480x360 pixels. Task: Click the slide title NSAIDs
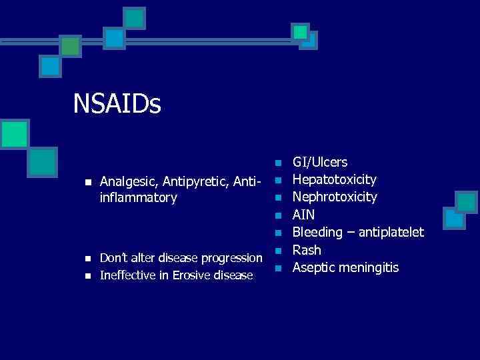117,104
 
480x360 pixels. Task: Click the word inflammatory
138,198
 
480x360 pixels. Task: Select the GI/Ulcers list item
320,162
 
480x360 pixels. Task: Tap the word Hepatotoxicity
335,180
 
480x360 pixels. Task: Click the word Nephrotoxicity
335,197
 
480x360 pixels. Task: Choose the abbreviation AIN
304,215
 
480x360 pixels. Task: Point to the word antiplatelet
390,233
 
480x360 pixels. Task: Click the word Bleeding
319,233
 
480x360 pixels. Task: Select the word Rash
307,250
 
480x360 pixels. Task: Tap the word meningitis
370,268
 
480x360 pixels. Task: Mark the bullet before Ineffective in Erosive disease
87,275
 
